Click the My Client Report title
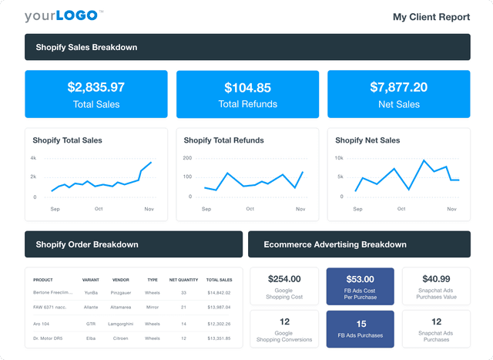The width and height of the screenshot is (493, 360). [x=431, y=16]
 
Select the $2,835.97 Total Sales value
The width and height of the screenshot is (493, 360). [x=96, y=87]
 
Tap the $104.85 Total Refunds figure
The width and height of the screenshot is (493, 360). [x=247, y=88]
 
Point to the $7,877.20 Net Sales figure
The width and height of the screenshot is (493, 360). [x=398, y=87]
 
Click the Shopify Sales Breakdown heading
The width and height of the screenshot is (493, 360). [x=86, y=47]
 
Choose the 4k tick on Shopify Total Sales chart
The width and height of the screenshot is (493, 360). [x=33, y=158]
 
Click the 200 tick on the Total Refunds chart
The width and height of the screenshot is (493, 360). [x=186, y=158]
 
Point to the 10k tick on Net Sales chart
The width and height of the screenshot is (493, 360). [x=338, y=158]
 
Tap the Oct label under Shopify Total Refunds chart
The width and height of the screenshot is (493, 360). [x=250, y=209]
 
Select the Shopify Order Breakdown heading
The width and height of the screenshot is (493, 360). [x=87, y=244]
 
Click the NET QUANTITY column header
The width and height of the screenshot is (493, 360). [x=183, y=279]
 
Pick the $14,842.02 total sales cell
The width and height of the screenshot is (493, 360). [x=219, y=292]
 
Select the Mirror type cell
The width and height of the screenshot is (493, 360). [x=152, y=308]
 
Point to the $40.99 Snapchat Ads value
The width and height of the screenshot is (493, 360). [x=436, y=278]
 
